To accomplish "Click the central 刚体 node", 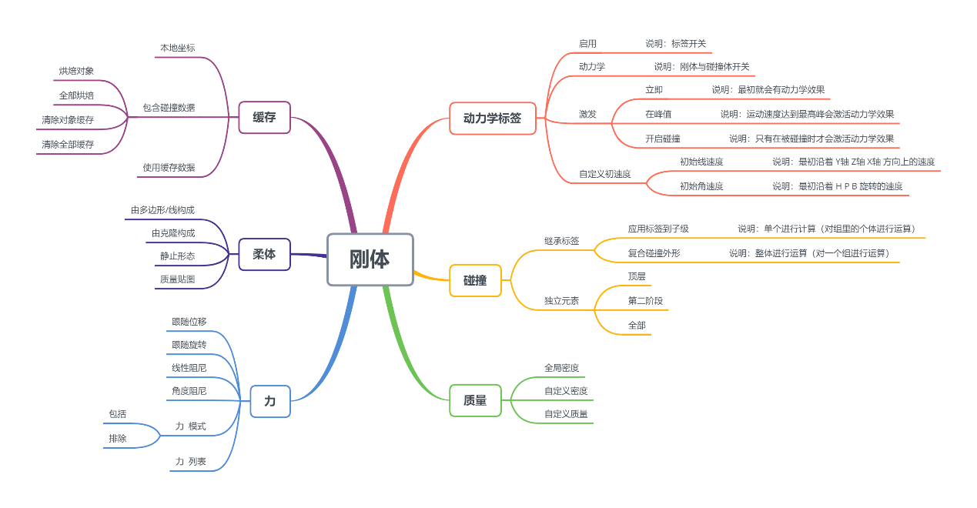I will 370,259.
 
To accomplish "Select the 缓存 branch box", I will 264,118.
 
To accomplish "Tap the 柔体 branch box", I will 264,254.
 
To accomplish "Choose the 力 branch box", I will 269,401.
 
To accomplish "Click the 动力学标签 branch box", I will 492,119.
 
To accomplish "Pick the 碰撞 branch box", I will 475,281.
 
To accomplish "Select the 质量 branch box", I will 475,400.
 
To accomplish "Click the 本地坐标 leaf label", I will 177,48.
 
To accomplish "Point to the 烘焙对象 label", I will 76,71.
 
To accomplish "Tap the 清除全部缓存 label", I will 68,144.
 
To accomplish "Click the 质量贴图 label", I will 177,279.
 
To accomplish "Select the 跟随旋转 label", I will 189,344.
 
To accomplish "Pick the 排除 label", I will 118,438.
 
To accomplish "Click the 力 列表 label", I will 190,461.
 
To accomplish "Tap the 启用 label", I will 587,44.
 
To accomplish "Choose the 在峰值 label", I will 658,114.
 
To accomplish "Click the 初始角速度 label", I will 701,186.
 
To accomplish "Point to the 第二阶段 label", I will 645,301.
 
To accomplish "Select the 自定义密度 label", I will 566,391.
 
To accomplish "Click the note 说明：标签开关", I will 675,44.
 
